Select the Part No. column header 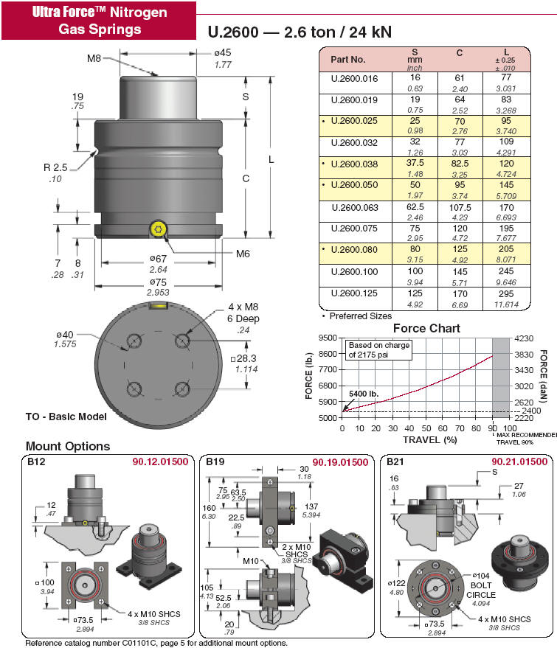tap(348, 58)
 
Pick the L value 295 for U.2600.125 tap(505, 293)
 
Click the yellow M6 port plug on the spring tap(156, 229)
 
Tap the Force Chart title tap(426, 328)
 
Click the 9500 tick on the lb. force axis tap(328, 338)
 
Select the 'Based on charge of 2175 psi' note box tap(378, 349)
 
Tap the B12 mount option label tap(37, 462)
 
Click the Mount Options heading tap(68, 446)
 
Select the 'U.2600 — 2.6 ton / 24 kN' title tap(299, 32)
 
